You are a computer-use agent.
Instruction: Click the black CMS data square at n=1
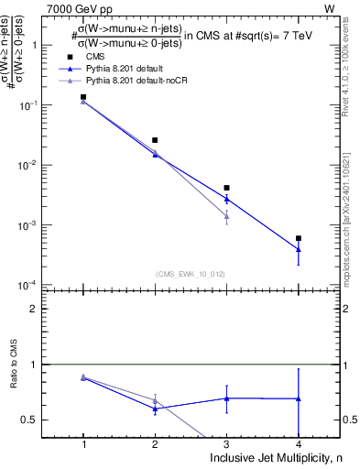point(83,96)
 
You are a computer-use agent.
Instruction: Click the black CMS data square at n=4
point(299,238)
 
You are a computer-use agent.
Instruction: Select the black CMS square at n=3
point(226,188)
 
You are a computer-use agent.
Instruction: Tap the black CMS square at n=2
point(155,140)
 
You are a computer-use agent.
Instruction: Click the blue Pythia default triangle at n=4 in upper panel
point(299,249)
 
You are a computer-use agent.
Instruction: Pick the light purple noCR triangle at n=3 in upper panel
point(226,216)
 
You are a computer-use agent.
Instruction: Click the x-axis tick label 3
point(226,444)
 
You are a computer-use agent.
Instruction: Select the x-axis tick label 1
point(83,444)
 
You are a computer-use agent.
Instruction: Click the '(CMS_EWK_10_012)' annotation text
point(189,273)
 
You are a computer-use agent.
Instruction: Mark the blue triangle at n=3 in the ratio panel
point(226,398)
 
